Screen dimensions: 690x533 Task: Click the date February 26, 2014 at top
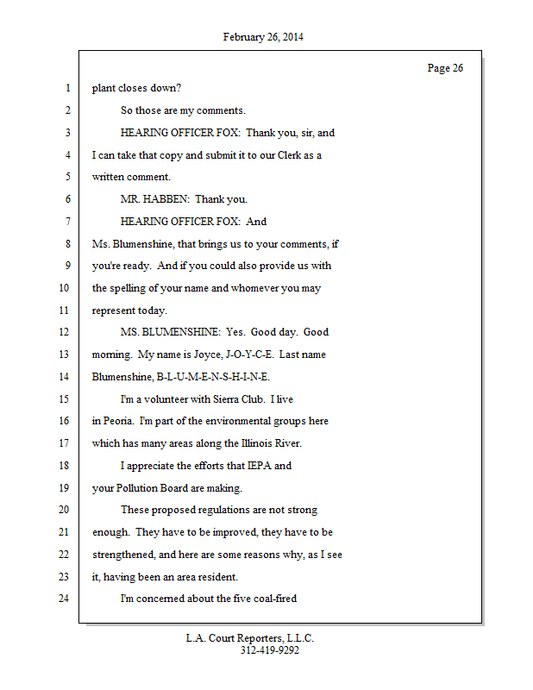[x=263, y=37]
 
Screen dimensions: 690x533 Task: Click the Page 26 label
[x=445, y=68]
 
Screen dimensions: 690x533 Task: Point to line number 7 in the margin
[x=67, y=221]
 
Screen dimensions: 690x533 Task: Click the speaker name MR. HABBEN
[x=154, y=199]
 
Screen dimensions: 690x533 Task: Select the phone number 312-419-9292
[x=269, y=650]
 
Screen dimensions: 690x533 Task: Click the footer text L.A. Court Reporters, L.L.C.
[x=250, y=638]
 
